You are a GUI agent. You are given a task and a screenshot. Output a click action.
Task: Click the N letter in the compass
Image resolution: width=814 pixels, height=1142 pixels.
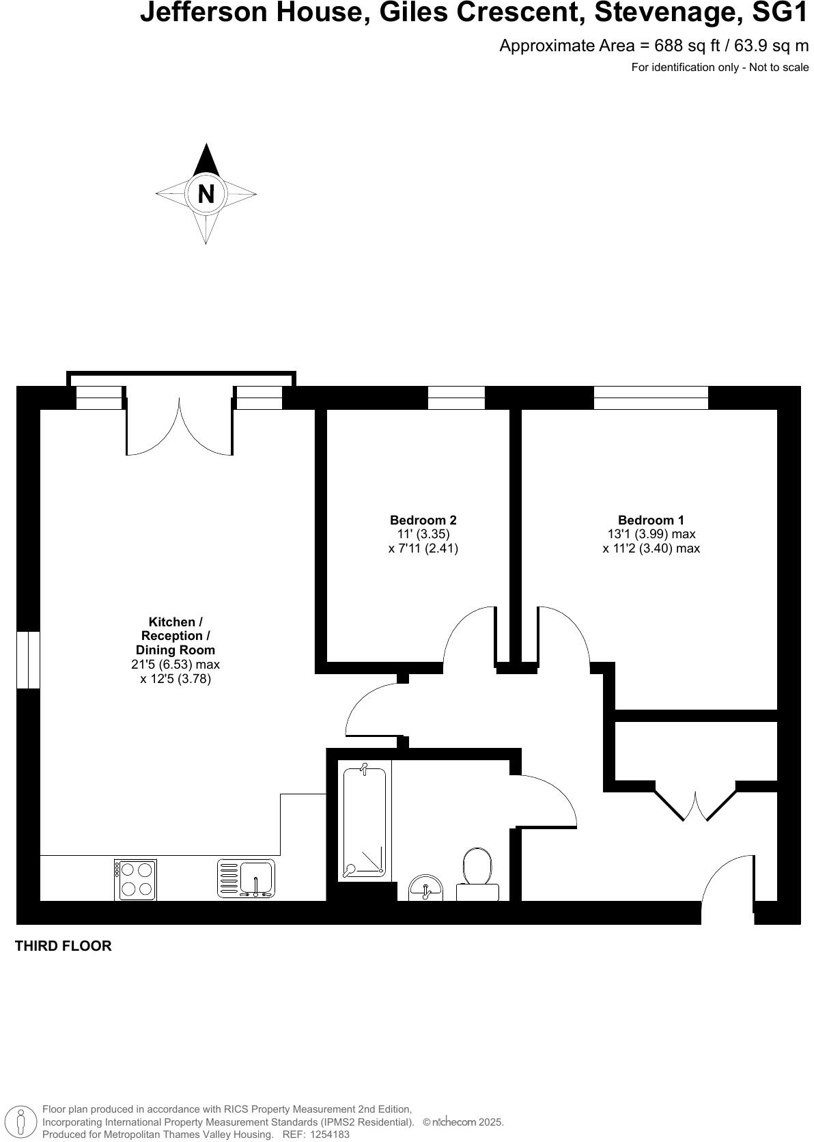pyautogui.click(x=206, y=195)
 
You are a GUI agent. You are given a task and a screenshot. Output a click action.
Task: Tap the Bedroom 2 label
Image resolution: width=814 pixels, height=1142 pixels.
pyautogui.click(x=423, y=520)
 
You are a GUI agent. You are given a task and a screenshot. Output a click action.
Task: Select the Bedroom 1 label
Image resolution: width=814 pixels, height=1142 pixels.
pyautogui.click(x=651, y=520)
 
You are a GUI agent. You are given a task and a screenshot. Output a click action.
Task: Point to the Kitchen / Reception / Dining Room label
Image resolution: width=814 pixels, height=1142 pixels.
pyautogui.click(x=176, y=636)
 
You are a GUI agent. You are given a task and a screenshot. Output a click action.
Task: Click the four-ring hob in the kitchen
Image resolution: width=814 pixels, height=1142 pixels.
pyautogui.click(x=135, y=880)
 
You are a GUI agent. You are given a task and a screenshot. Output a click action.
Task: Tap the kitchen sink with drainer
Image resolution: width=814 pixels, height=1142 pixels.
pyautogui.click(x=246, y=878)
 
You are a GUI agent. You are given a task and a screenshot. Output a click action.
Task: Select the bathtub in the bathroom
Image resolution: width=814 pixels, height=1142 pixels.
pyautogui.click(x=364, y=822)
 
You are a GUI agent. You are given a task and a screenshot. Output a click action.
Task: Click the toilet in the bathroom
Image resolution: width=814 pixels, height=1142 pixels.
pyautogui.click(x=477, y=873)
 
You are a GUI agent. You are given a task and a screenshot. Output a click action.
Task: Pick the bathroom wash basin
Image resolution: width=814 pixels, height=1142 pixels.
pyautogui.click(x=425, y=889)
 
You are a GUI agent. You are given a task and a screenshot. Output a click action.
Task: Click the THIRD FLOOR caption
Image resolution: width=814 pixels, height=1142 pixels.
pyautogui.click(x=63, y=946)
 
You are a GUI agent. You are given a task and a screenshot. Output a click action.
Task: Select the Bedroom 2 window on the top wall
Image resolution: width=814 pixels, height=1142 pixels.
pyautogui.click(x=456, y=398)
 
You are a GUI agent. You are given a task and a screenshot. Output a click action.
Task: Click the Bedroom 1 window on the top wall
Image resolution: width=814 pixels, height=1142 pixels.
pyautogui.click(x=651, y=398)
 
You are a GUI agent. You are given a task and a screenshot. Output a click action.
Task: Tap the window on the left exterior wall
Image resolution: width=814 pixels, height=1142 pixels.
pyautogui.click(x=28, y=660)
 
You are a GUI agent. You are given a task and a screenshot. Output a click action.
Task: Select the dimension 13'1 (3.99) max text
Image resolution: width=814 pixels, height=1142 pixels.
pyautogui.click(x=651, y=534)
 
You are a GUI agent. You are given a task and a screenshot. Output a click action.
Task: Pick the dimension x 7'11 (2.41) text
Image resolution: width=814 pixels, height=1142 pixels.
pyautogui.click(x=423, y=548)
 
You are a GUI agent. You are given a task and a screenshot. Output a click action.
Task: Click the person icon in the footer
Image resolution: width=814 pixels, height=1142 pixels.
pyautogui.click(x=21, y=1123)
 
